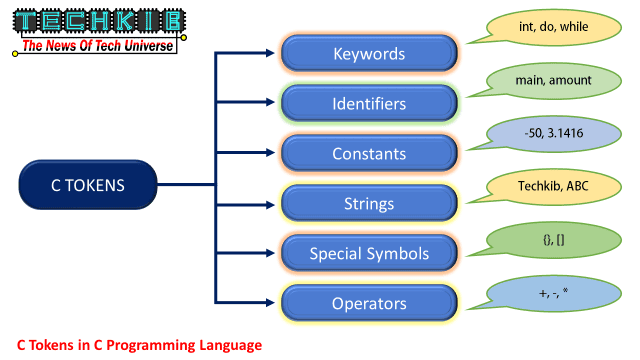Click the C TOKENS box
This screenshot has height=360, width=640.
[x=89, y=185]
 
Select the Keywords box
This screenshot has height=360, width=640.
[x=369, y=53]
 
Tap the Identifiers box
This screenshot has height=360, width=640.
[x=369, y=103]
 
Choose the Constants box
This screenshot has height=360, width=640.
[x=369, y=154]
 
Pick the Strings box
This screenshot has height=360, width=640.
[x=369, y=204]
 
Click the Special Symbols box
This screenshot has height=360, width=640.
[x=369, y=253]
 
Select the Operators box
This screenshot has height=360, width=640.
[x=369, y=302]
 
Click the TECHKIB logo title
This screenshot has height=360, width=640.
[x=96, y=22]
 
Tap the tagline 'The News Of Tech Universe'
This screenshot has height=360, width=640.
[x=97, y=45]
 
